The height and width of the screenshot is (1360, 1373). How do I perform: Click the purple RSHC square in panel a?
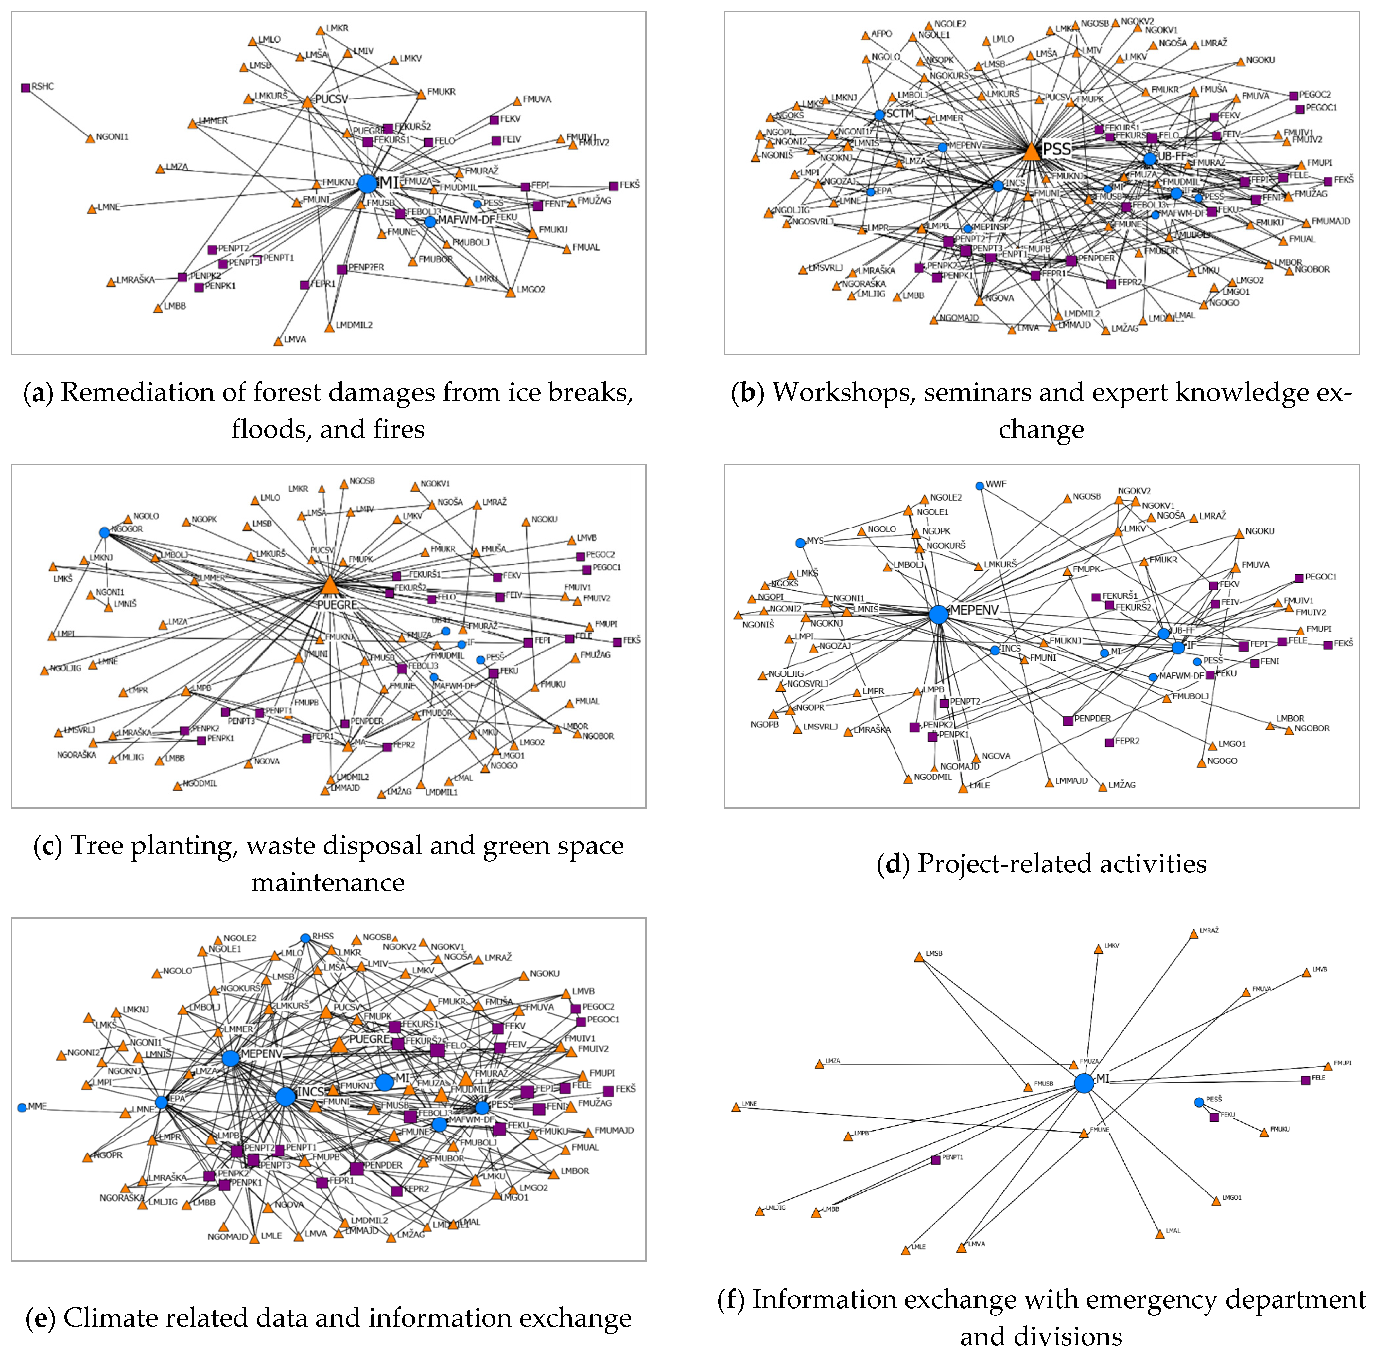tap(26, 87)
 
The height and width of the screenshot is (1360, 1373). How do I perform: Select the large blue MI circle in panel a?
tap(367, 184)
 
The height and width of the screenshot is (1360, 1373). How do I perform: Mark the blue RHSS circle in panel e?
tap(305, 938)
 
